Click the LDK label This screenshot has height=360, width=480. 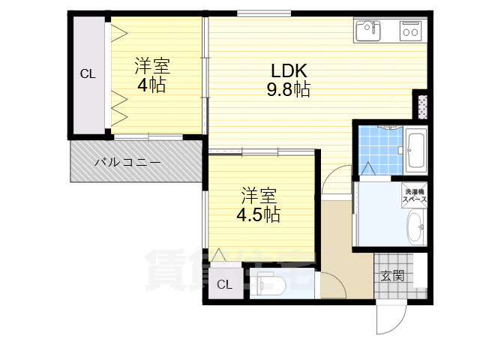coord(289,71)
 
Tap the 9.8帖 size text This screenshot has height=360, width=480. coord(289,90)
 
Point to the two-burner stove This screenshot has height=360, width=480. coord(410,31)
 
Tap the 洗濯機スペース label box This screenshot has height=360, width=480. coord(415,195)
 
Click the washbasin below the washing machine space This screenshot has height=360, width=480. coord(415,226)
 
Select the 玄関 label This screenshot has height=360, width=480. coord(392,276)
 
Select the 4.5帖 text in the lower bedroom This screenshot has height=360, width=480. coord(258,215)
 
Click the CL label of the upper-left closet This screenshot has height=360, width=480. coord(88,73)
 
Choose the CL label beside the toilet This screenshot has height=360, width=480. coord(224,284)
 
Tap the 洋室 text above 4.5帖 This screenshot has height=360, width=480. coord(259,196)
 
